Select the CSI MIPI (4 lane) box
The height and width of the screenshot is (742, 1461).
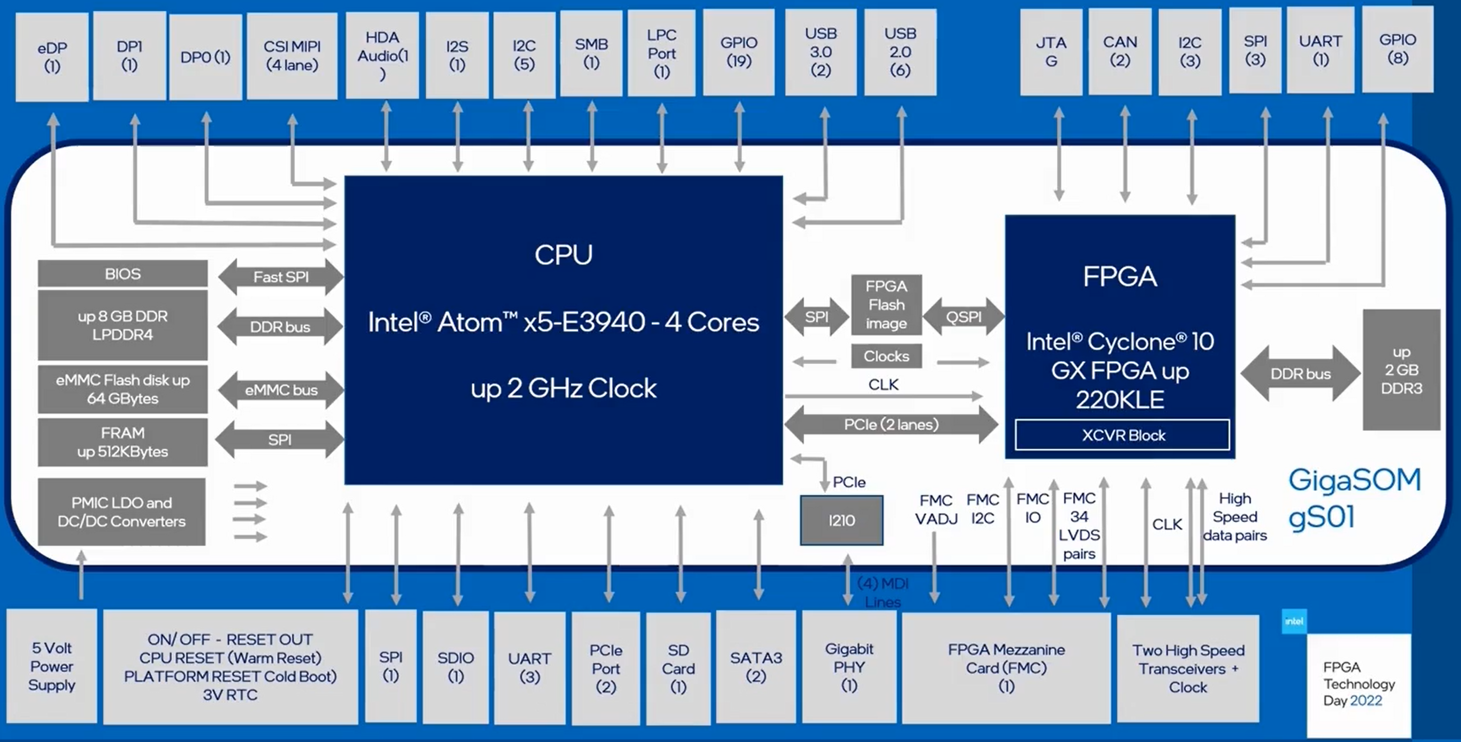coord(292,56)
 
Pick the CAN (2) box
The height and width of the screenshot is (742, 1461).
coord(1120,51)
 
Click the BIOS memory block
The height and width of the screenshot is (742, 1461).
coord(123,274)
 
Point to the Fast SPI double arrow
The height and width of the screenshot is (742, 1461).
coord(281,277)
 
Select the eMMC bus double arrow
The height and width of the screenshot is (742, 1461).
coord(281,390)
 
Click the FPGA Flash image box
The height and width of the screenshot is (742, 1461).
coord(886,305)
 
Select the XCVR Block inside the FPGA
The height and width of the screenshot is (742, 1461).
coord(1122,435)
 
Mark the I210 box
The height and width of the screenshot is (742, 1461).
coord(841,520)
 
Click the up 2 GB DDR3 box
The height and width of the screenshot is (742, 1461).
coord(1401,370)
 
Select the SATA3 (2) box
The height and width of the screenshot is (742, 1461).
coord(755,667)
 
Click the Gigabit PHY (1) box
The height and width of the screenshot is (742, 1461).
coord(848,667)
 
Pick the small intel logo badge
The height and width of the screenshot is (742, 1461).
coord(1294,621)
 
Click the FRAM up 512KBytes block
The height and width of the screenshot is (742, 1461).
coord(123,442)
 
